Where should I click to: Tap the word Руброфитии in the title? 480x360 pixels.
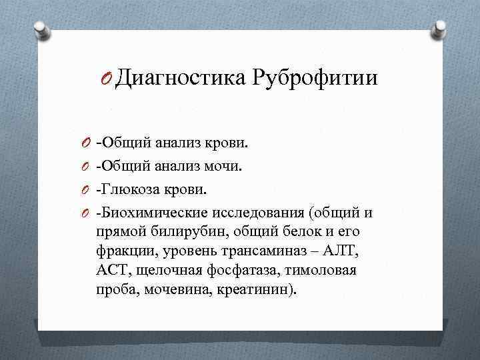point(315,79)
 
